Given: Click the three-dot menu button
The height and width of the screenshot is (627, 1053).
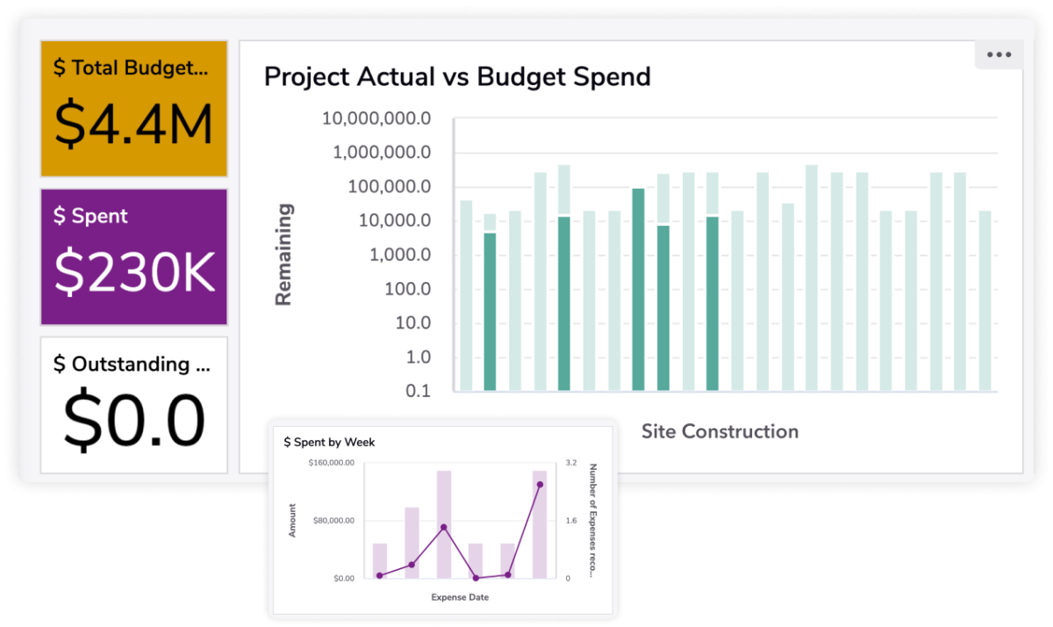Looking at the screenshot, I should [x=999, y=54].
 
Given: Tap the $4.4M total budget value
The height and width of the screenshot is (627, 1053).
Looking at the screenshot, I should [x=133, y=126].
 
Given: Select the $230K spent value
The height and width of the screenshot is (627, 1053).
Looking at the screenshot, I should [x=133, y=273].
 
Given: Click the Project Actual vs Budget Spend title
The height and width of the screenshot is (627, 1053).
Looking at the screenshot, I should [x=457, y=76].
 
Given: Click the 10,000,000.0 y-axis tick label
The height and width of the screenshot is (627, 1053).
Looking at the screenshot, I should [x=376, y=119].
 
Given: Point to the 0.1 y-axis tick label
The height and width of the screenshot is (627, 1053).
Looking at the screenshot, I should [x=418, y=391].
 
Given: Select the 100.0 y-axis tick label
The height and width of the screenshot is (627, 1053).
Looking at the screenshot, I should [x=405, y=289].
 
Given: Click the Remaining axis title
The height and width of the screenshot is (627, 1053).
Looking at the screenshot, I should [x=283, y=255].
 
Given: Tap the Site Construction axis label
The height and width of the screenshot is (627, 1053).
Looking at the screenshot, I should [x=720, y=431].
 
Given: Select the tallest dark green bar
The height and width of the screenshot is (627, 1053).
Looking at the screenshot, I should [x=638, y=289].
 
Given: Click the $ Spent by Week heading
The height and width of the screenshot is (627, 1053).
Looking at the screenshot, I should [x=329, y=443].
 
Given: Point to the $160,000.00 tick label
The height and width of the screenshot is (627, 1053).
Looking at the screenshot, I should [x=331, y=463].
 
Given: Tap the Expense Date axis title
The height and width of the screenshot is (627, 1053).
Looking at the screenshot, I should [x=460, y=597].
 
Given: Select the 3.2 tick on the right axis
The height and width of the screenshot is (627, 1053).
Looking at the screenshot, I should [x=570, y=463].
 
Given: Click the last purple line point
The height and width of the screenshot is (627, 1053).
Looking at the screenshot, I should [x=540, y=485].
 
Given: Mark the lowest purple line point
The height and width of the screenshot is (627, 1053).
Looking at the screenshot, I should [x=476, y=578].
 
